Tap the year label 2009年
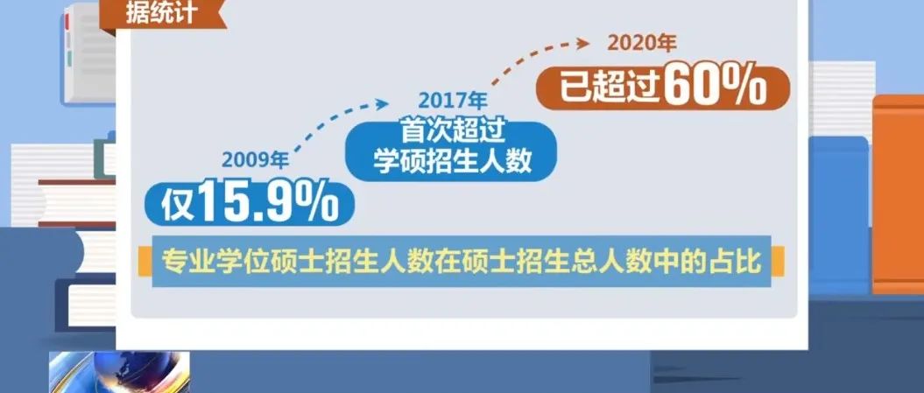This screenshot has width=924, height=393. point(256,160)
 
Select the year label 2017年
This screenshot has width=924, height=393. point(453,101)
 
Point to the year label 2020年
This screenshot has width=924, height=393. point(642,43)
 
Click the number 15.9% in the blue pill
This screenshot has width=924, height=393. point(268,202)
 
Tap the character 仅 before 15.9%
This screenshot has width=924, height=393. point(178,204)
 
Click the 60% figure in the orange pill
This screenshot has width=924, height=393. point(716,88)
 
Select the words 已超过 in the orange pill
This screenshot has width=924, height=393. point(610,89)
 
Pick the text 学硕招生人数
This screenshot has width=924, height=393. point(453,161)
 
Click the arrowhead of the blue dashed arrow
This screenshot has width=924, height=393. point(383,103)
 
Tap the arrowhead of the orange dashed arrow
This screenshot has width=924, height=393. point(582,43)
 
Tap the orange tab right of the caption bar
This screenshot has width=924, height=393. point(778,262)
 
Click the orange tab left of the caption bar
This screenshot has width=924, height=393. point(145,262)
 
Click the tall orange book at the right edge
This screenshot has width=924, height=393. point(898,194)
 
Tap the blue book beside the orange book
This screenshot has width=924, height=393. point(838,215)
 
